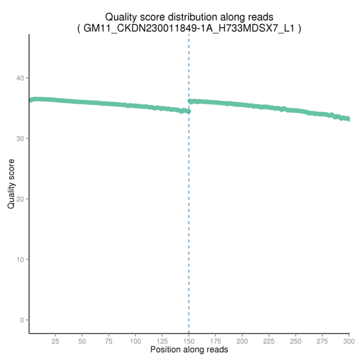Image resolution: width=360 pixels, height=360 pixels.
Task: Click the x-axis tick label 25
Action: [x=55, y=341]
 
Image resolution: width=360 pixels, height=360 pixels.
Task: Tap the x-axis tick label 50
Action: [x=82, y=341]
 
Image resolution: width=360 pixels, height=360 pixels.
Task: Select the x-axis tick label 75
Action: [x=109, y=341]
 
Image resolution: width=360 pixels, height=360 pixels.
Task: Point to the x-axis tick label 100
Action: [x=136, y=341]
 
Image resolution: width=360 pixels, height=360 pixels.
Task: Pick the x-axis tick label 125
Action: [x=162, y=341]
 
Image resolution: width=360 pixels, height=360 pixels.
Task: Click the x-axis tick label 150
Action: [x=189, y=341]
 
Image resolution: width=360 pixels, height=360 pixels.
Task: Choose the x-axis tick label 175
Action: [x=215, y=341]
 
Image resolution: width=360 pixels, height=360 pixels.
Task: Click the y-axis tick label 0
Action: [x=22, y=320]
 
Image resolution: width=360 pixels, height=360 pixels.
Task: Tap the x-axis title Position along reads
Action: [x=189, y=350]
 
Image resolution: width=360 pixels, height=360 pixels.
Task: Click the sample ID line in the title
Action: [x=189, y=28]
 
